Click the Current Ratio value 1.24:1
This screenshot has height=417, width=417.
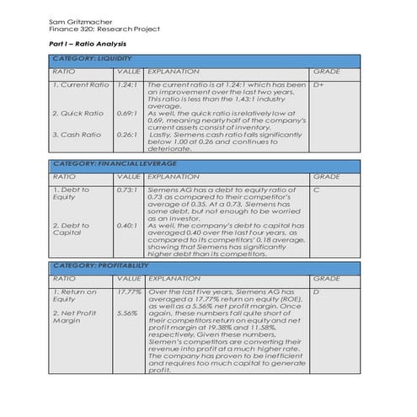[126, 85]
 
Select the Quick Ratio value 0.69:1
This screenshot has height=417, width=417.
[126, 113]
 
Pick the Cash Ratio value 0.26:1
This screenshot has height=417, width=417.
[126, 134]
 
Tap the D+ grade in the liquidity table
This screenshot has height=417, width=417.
[318, 85]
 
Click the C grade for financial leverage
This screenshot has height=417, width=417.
[315, 190]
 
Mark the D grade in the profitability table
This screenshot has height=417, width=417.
[315, 291]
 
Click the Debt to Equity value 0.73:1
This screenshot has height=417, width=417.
[126, 190]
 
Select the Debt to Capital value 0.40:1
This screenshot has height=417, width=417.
[126, 225]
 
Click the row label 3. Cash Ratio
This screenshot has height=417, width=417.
[77, 134]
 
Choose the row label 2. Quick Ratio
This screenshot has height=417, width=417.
[78, 113]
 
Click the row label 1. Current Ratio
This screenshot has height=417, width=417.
[81, 85]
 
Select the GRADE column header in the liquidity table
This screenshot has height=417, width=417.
[326, 72]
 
